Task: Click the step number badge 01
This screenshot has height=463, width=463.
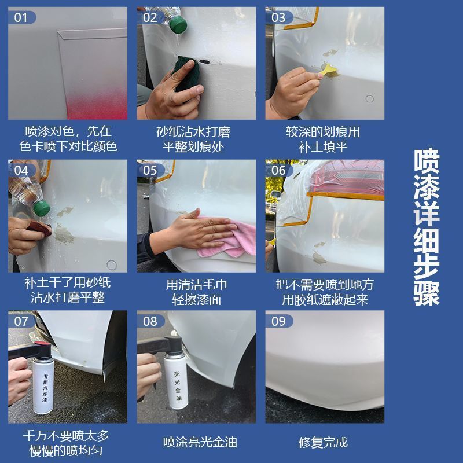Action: [x=22, y=17]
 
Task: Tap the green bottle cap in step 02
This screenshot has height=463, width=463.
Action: [x=178, y=24]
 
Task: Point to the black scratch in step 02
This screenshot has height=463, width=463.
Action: [x=204, y=62]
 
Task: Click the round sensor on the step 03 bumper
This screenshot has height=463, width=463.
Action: [x=369, y=98]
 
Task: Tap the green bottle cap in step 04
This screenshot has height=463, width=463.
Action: [x=41, y=208]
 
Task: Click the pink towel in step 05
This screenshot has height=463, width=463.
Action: [x=229, y=239]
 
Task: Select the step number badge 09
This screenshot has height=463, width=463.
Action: [x=279, y=321]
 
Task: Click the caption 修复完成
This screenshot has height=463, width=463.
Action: [x=323, y=443]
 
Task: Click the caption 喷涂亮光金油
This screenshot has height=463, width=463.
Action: [x=200, y=442]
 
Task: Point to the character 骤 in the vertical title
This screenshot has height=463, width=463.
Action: [x=427, y=293]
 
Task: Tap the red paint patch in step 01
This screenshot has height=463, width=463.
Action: [x=97, y=104]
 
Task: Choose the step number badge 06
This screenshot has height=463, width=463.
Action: [x=279, y=170]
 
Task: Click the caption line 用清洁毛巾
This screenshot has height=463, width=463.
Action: [x=196, y=285]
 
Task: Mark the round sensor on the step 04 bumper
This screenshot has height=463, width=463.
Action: [x=112, y=265]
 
